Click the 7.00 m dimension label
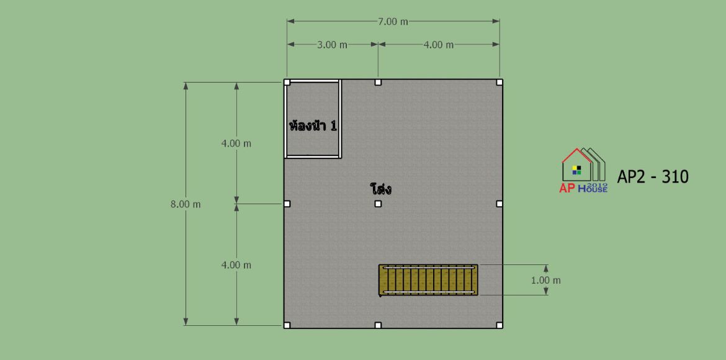point(393,21)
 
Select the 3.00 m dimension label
point(332,45)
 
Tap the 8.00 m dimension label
point(186,204)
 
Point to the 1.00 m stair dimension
point(545,281)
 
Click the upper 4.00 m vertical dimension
point(236,143)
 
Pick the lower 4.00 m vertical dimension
point(236,265)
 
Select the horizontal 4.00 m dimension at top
point(439,45)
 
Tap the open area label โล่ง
point(380,189)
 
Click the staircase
point(428,280)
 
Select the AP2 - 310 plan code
point(653,176)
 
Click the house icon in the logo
point(583,165)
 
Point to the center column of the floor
point(378,204)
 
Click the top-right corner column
point(499,83)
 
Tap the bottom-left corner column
point(287,325)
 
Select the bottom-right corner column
point(499,325)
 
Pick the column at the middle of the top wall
point(378,83)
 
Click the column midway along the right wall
point(499,204)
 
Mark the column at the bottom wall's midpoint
point(378,325)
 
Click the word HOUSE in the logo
point(593,189)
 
